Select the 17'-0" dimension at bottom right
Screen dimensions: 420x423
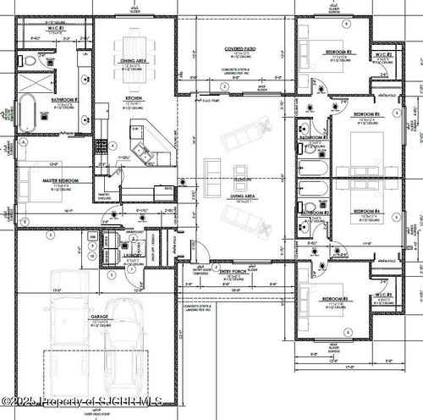349,367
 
